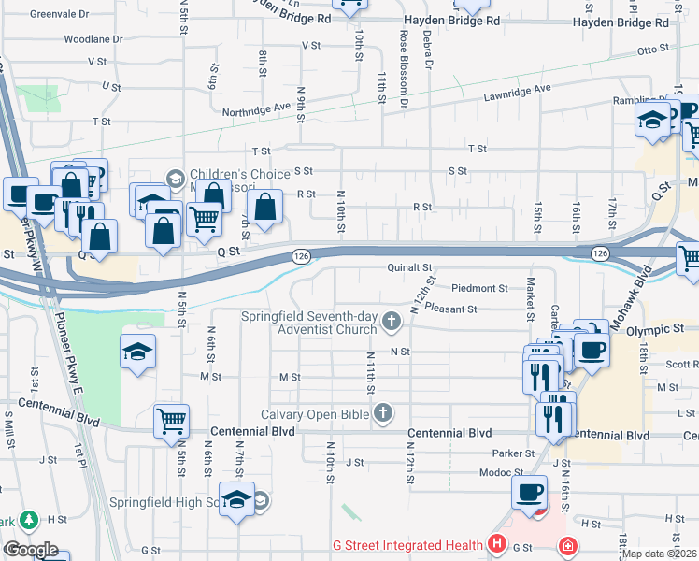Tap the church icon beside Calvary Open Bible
[383, 412]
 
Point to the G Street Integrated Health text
[407, 545]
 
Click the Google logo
[31, 550]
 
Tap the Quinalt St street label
[410, 268]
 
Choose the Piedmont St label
[479, 289]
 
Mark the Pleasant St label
[450, 309]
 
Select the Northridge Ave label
[256, 109]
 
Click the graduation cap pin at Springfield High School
[237, 499]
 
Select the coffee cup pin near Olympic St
[591, 350]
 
